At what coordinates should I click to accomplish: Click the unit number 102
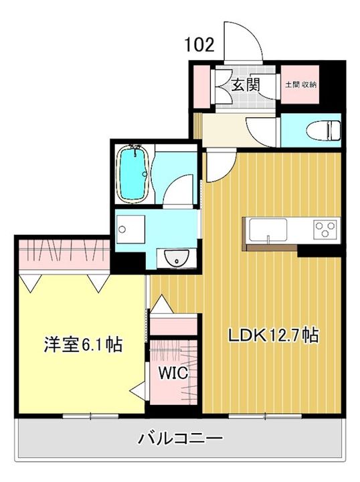point(200,45)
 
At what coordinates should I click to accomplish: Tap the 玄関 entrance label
point(246,84)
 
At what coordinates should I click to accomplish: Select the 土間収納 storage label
point(300,84)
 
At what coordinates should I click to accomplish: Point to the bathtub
point(133,173)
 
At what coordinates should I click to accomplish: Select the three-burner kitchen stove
point(325,231)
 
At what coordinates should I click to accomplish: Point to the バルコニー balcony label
point(180,439)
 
